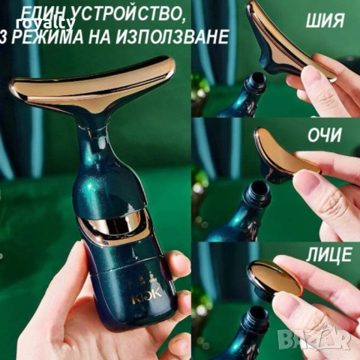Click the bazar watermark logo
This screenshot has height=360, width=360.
314,339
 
